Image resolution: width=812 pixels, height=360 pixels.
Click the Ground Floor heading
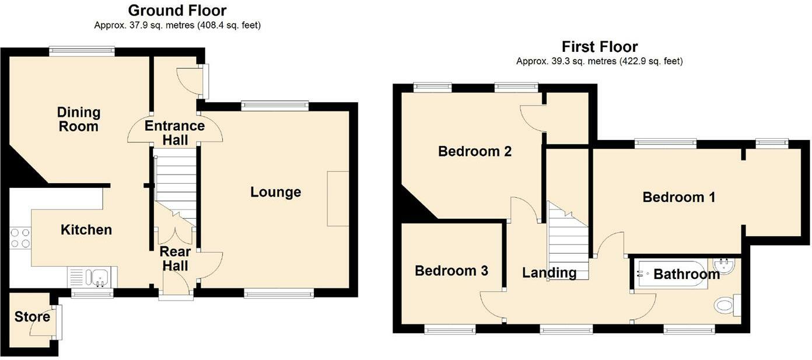coord(177,11)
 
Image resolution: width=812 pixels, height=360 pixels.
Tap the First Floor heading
coord(600,47)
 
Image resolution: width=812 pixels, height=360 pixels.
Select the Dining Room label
coord(79,119)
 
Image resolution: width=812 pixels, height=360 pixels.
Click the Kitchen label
coord(86,229)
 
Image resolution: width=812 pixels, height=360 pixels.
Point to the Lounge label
coord(275,192)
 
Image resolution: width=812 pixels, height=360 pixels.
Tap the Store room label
coord(32,316)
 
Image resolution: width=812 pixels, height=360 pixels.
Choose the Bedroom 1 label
coord(679,197)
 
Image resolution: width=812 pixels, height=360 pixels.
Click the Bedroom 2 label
coord(475,151)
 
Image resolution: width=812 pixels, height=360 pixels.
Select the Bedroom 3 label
coord(452,271)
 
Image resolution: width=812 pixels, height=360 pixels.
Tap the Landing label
coord(549,272)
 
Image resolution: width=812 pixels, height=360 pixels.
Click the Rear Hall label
coord(175,258)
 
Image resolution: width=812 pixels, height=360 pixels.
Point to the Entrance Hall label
coord(175,132)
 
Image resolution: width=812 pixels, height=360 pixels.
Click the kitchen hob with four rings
coord(20,238)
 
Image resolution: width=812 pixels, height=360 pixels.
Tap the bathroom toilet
coord(728,305)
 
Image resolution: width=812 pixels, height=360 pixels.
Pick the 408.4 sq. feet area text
coord(229,25)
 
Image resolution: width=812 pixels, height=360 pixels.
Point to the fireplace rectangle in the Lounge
coord(338,198)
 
